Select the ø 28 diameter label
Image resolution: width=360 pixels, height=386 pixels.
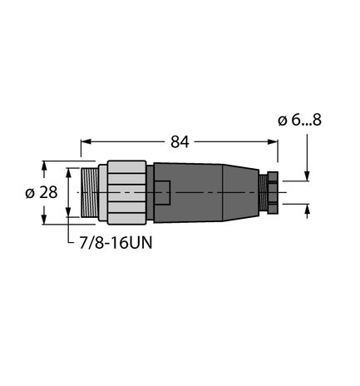click(x=26, y=192)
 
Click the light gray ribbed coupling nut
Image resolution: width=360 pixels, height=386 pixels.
click(x=126, y=192)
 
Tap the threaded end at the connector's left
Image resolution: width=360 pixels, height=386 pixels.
click(x=89, y=192)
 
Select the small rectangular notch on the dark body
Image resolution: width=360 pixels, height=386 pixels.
click(x=164, y=192)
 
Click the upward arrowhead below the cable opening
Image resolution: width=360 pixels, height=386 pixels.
click(x=308, y=210)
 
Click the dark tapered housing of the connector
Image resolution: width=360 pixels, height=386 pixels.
click(x=208, y=192)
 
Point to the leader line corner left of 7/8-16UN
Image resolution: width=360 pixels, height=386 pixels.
click(x=67, y=243)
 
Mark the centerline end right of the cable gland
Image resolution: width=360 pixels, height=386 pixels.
click(x=287, y=192)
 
